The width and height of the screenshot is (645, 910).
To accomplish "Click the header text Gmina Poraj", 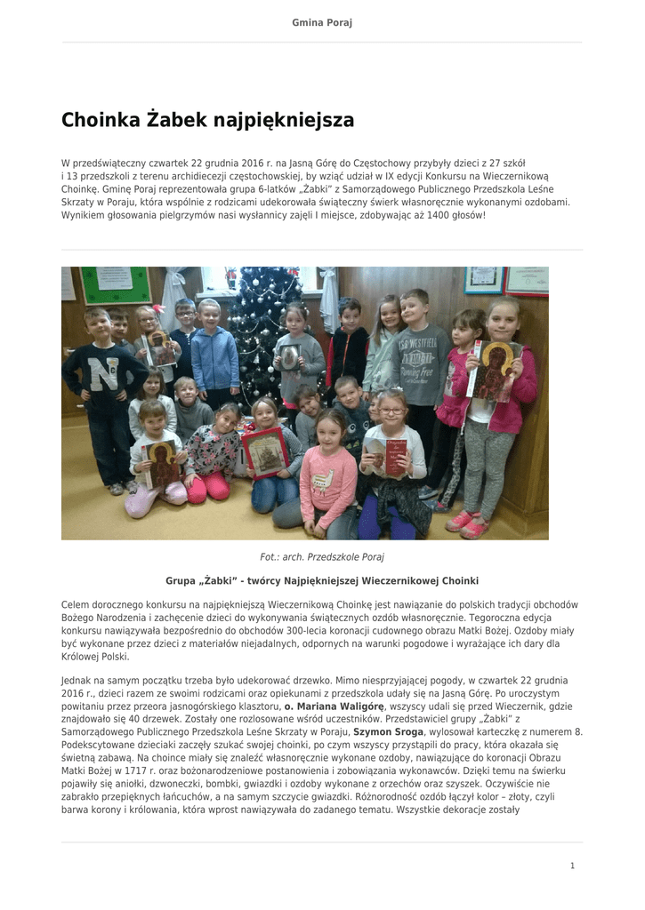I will point(322,22).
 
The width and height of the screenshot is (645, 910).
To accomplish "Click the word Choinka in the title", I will point(100,120).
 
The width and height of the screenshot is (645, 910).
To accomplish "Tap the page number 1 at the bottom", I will point(573,866).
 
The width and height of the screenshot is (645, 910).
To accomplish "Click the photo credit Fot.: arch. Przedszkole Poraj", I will point(322,557).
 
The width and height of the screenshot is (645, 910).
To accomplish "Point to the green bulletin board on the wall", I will point(116,284).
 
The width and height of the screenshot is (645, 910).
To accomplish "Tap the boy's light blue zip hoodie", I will point(214,357).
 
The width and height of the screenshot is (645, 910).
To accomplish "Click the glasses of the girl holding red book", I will point(391,411).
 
